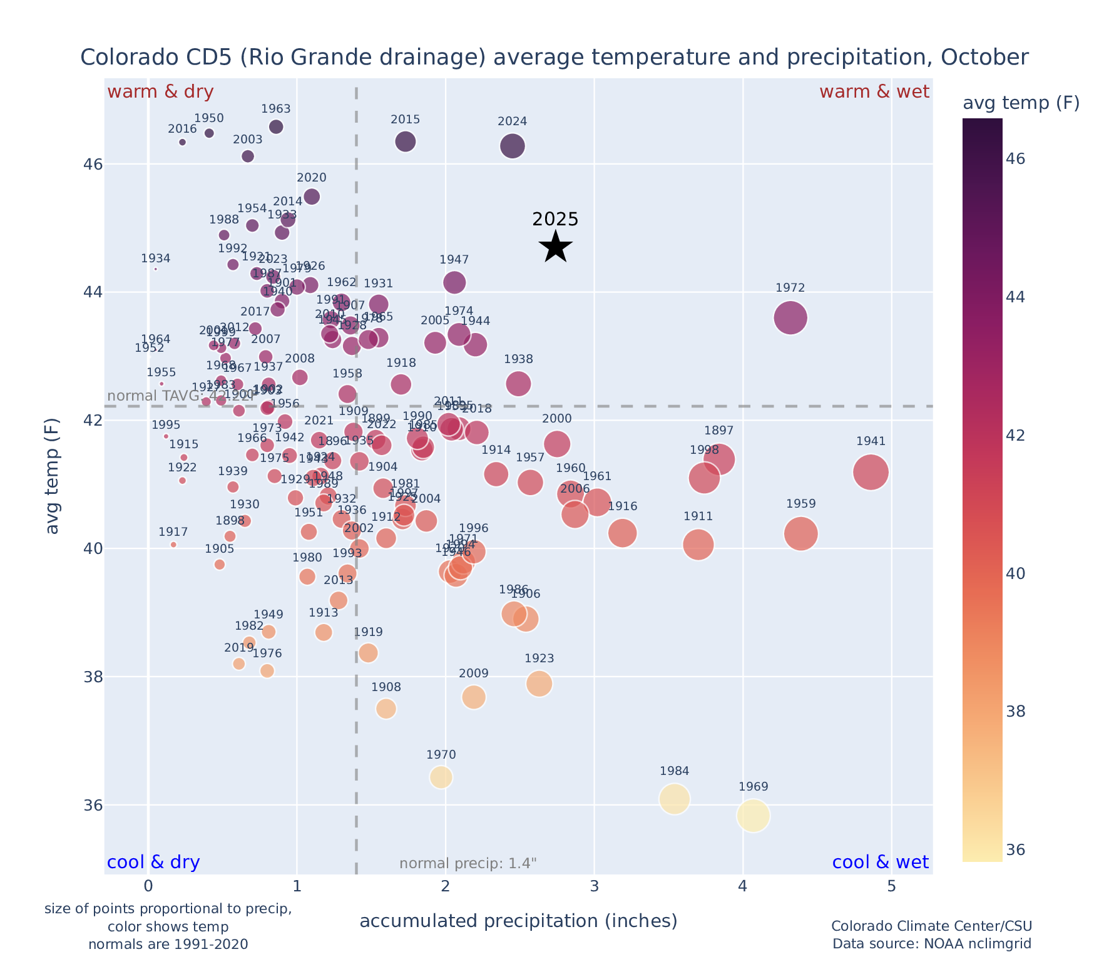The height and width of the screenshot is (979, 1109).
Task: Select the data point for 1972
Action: click(x=790, y=318)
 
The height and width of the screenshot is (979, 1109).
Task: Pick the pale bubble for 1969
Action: click(x=753, y=816)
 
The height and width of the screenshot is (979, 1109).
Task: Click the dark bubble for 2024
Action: click(x=513, y=146)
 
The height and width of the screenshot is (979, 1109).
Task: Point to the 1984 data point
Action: click(x=674, y=799)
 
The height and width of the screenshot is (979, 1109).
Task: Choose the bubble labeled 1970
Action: click(x=441, y=777)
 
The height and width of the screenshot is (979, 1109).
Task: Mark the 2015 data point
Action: click(x=406, y=141)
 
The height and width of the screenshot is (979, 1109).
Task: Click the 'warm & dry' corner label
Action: click(x=160, y=92)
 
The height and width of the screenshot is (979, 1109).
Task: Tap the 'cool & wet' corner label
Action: click(x=880, y=863)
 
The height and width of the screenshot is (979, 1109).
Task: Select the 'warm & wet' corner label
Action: click(x=874, y=92)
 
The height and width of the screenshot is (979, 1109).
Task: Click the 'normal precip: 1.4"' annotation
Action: click(x=468, y=864)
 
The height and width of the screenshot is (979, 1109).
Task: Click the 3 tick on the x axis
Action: click(x=594, y=888)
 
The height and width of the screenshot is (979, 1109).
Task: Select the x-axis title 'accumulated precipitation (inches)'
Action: click(x=518, y=921)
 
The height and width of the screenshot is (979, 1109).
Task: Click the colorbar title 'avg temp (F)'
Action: click(x=1021, y=103)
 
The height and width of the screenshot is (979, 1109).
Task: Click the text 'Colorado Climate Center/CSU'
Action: click(x=931, y=926)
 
